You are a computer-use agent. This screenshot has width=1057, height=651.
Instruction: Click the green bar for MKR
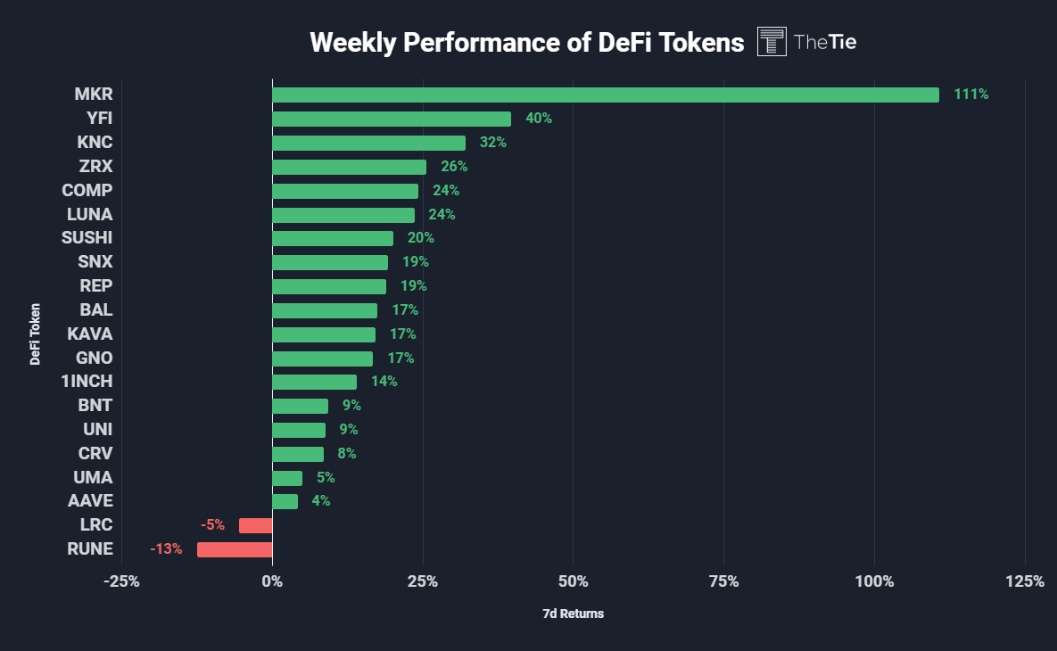pyautogui.click(x=605, y=95)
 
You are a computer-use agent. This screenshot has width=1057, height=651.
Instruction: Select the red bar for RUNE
pyautogui.click(x=235, y=549)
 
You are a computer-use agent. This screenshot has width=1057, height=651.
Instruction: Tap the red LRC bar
pyautogui.click(x=255, y=525)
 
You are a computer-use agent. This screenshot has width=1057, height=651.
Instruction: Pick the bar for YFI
pyautogui.click(x=392, y=119)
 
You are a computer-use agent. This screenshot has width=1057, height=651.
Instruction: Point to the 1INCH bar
pyautogui.click(x=314, y=382)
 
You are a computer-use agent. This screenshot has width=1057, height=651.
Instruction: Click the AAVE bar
pyautogui.click(x=285, y=501)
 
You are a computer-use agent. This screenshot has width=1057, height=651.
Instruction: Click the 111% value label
pyautogui.click(x=970, y=95)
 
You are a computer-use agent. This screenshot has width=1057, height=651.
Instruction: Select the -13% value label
pyautogui.click(x=167, y=549)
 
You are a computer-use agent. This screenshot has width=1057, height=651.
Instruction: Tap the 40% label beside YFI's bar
pyautogui.click(x=539, y=119)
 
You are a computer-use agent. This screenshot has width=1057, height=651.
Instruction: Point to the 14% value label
pyautogui.click(x=384, y=382)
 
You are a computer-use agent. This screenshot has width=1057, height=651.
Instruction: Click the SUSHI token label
pyautogui.click(x=87, y=238)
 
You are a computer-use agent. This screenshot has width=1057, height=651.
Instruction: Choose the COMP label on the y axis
pyautogui.click(x=87, y=190)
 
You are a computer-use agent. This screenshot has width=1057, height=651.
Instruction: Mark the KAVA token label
pyautogui.click(x=90, y=334)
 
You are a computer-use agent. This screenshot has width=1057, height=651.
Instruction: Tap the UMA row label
pyautogui.click(x=94, y=477)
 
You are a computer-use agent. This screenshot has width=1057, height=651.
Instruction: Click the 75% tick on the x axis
pyautogui.click(x=723, y=582)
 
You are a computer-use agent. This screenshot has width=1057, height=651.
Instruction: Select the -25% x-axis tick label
pyautogui.click(x=121, y=582)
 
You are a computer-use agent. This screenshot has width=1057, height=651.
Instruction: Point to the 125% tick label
pyautogui.click(x=1025, y=582)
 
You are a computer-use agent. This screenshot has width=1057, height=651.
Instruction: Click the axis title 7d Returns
pyautogui.click(x=573, y=614)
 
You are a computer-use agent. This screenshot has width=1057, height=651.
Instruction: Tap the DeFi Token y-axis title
pyautogui.click(x=36, y=334)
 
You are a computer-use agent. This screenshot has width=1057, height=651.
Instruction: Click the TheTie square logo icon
pyautogui.click(x=772, y=42)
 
